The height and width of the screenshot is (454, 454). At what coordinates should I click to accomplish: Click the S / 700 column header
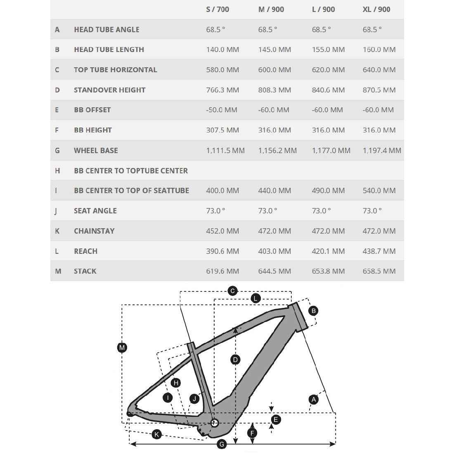217,9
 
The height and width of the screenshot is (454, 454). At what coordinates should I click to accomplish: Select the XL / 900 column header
376,9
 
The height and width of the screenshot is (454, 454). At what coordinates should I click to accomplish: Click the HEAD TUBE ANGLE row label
106,29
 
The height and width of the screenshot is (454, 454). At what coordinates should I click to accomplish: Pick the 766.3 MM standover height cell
222,90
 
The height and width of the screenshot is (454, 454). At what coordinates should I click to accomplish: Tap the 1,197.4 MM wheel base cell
382,150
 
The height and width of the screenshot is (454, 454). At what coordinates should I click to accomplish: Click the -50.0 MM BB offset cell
222,110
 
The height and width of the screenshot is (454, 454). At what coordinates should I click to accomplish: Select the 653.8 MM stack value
328,271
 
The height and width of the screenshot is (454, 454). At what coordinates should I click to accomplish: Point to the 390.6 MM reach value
222,251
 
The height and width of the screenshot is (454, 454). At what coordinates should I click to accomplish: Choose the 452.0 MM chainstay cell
222,231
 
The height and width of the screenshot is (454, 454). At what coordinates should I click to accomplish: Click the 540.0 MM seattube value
379,190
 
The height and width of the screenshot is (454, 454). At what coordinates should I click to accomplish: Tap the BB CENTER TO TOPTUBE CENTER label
131,170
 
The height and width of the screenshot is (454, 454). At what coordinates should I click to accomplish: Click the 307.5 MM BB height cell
222,130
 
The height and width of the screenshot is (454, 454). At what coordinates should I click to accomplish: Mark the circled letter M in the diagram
122,348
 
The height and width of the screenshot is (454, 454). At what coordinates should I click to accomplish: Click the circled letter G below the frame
222,444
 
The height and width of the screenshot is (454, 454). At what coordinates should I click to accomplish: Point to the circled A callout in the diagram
314,399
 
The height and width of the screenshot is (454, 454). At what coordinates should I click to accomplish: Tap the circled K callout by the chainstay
156,434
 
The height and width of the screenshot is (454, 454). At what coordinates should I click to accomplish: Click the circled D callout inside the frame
235,360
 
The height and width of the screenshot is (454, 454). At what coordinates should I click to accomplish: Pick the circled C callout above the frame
232,291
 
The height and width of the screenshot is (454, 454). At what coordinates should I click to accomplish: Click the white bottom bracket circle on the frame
214,423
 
